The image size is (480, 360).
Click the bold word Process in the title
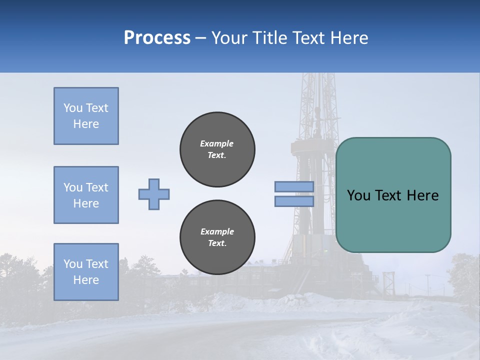(157, 38)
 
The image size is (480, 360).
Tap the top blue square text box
(86, 116)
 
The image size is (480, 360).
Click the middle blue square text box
(86, 195)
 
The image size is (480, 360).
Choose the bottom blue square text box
(86, 272)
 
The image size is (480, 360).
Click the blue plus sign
(154, 194)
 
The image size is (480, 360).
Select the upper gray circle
(217, 149)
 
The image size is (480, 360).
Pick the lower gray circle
(217, 237)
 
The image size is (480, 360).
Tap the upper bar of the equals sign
(294, 187)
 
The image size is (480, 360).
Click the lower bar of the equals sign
(294, 201)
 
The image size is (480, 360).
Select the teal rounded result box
(393, 195)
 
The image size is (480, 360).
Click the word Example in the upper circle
(217, 143)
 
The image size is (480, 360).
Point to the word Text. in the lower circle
(217, 243)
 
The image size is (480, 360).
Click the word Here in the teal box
(422, 195)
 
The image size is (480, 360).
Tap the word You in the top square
(73, 108)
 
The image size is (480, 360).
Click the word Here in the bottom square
(86, 280)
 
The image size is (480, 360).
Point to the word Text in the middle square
(97, 187)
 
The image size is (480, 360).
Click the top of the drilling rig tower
(316, 77)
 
